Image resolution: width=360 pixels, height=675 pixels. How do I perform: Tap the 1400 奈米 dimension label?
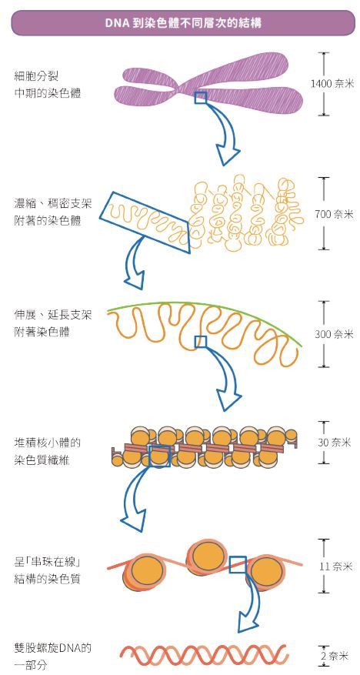point(332,84)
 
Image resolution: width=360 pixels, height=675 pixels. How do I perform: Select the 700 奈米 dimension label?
point(334,213)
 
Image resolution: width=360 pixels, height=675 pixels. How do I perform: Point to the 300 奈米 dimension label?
point(334,334)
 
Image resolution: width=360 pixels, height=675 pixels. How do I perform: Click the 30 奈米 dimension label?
point(335,443)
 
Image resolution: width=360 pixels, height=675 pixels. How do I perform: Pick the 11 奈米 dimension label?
point(336,566)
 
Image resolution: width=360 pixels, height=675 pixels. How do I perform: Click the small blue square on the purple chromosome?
point(201,97)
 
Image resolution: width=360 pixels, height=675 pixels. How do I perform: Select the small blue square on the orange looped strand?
point(201,342)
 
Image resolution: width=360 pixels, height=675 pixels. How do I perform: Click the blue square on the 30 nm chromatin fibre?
point(159,456)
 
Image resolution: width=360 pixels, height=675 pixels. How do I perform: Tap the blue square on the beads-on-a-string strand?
point(238,564)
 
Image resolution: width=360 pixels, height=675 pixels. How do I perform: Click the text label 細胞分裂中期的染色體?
point(48,85)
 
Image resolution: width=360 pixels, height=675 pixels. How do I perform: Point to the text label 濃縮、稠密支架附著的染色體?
point(53,212)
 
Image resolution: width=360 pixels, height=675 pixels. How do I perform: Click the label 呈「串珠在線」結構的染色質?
point(48,570)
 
